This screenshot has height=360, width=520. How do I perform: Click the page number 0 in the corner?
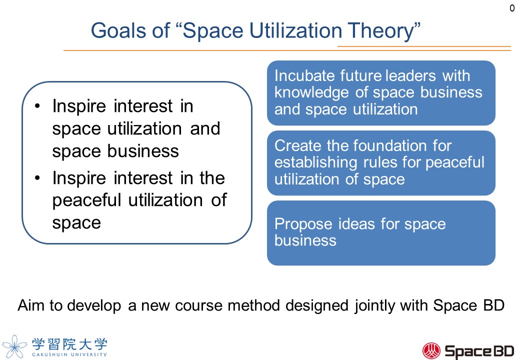click(512, 8)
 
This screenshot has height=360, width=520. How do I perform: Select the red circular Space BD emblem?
click(431, 350)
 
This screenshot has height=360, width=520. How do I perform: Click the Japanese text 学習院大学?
click(69, 343)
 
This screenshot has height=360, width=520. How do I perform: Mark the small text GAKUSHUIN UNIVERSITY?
click(69, 354)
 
